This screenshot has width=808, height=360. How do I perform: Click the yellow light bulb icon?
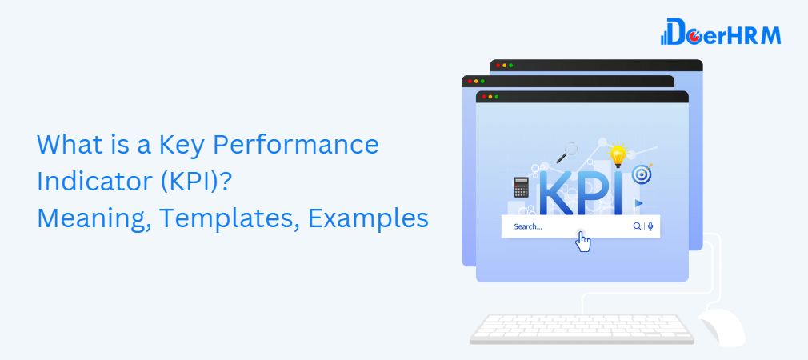point(617,154)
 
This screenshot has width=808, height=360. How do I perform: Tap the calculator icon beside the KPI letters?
point(521,187)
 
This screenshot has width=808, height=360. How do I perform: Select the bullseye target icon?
point(640,174)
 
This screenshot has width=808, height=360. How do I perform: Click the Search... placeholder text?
point(528,226)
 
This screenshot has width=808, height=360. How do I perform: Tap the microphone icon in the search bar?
point(650,226)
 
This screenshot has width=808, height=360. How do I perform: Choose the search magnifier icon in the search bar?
point(637,226)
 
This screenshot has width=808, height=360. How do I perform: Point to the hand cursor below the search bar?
point(583,242)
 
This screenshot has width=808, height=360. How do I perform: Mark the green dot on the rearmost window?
point(511,65)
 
